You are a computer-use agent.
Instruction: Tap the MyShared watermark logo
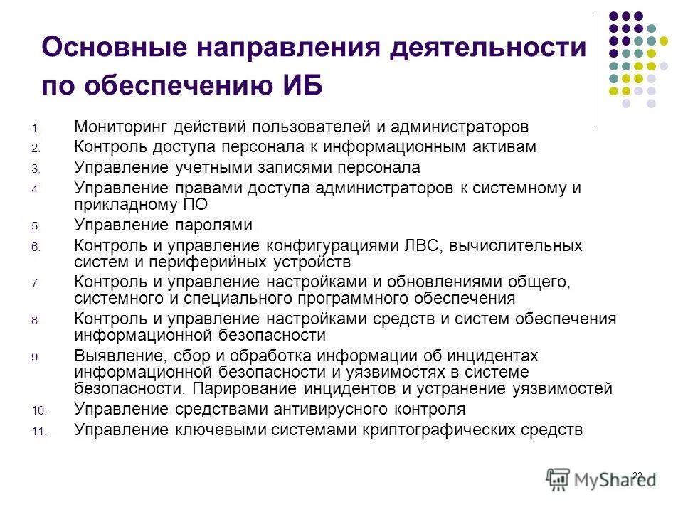600,479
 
